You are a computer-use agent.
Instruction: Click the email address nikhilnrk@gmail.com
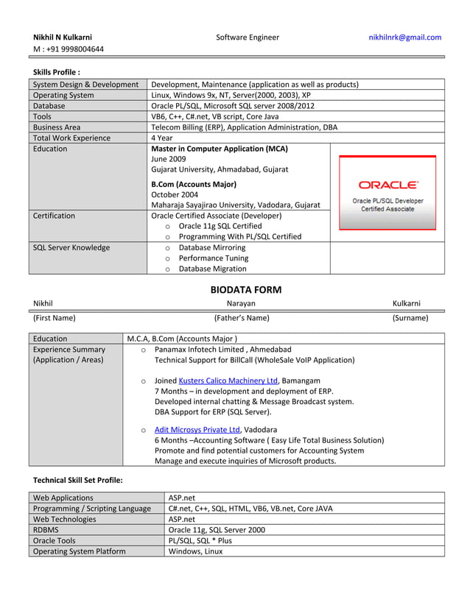(x=404, y=38)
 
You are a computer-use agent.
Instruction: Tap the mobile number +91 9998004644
(x=69, y=49)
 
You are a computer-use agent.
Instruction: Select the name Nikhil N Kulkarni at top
(x=63, y=38)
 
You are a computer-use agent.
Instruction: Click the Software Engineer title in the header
(x=248, y=38)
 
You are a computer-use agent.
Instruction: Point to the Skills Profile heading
(x=57, y=72)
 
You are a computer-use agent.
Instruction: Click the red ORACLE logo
(x=387, y=185)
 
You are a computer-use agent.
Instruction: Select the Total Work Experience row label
(x=71, y=138)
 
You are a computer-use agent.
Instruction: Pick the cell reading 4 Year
(x=161, y=138)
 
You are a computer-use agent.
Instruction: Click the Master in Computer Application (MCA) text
(x=219, y=149)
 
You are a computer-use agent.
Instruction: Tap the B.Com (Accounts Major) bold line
(x=193, y=184)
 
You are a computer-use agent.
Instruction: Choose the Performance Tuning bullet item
(x=214, y=258)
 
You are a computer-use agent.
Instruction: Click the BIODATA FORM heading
(x=246, y=290)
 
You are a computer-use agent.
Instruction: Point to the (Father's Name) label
(x=241, y=318)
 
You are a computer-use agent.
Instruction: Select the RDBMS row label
(x=46, y=529)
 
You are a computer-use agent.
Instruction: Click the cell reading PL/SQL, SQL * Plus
(x=200, y=540)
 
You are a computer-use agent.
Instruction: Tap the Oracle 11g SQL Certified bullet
(x=220, y=226)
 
